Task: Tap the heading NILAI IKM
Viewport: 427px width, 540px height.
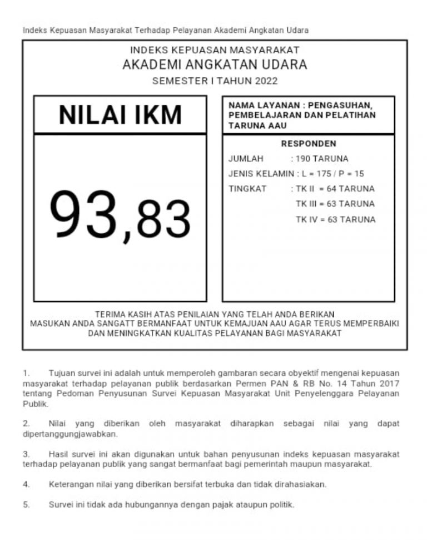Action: [x=121, y=115]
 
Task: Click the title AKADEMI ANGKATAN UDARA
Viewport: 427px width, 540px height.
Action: [x=214, y=65]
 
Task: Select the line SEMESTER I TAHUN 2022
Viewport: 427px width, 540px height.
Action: [x=214, y=81]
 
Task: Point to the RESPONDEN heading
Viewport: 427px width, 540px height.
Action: [x=309, y=144]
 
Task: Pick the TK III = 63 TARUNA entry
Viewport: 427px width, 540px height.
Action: [x=335, y=204]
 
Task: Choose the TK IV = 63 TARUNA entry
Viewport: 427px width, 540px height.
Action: [x=335, y=219]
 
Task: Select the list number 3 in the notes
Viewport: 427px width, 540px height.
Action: [x=26, y=454]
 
